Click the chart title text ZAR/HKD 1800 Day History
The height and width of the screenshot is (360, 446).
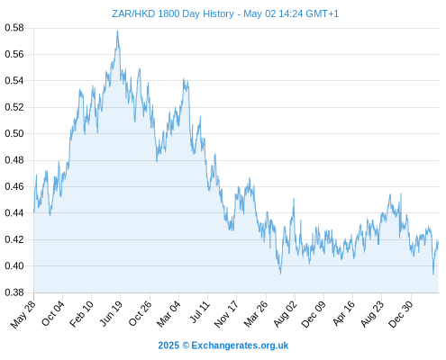pyautogui.click(x=173, y=13)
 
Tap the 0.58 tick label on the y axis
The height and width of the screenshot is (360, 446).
pyautogui.click(x=14, y=28)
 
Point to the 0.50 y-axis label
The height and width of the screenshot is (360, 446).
pyautogui.click(x=14, y=133)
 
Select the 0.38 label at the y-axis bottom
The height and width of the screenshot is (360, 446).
pyautogui.click(x=14, y=292)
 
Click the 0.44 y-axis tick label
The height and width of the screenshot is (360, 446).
pyautogui.click(x=14, y=213)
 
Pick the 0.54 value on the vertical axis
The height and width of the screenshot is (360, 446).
pyautogui.click(x=14, y=81)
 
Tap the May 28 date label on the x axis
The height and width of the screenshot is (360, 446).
pyautogui.click(x=23, y=314)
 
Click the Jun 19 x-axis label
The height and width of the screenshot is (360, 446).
pyautogui.click(x=111, y=313)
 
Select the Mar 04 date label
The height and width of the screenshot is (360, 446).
pyautogui.click(x=168, y=314)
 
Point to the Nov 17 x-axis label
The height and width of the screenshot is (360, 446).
pyautogui.click(x=226, y=314)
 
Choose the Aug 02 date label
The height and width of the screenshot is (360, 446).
pyautogui.click(x=285, y=314)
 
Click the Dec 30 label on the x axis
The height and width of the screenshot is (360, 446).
pyautogui.click(x=400, y=314)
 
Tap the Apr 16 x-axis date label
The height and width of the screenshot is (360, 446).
pyautogui.click(x=343, y=313)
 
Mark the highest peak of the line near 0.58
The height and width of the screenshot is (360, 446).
pyautogui.click(x=117, y=31)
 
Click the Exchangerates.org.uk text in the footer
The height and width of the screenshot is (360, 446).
pyautogui.click(x=240, y=346)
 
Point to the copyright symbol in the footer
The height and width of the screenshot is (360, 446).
pyautogui.click(x=186, y=346)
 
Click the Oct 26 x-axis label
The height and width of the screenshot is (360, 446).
pyautogui.click(x=140, y=314)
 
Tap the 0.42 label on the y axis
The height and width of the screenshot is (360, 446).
pyautogui.click(x=14, y=239)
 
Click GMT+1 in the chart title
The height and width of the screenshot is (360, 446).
pyautogui.click(x=322, y=13)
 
